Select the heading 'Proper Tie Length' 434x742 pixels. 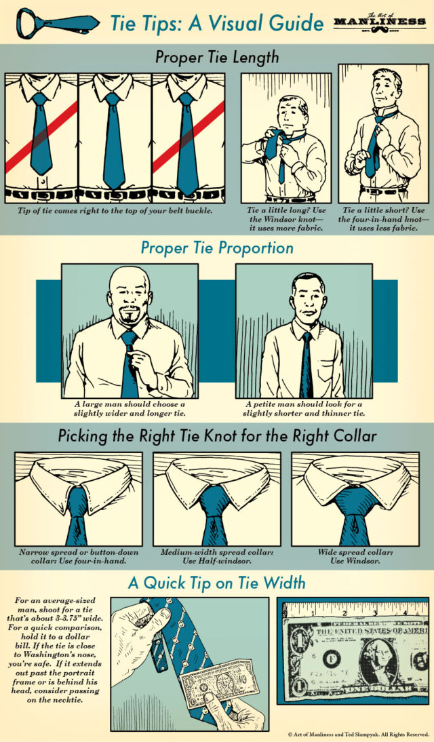216,58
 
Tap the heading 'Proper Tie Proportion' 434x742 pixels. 217,248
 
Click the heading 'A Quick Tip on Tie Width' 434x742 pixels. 216,582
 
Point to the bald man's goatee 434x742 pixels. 129,317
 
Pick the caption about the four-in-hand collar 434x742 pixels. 77,557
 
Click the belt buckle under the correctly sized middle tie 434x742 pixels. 114,195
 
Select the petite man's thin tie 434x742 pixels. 307,366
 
